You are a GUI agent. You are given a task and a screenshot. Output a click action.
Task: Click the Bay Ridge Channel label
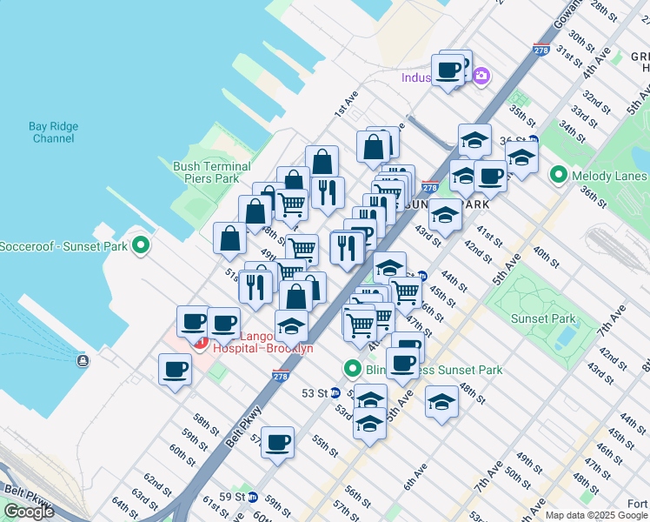coord(53,132)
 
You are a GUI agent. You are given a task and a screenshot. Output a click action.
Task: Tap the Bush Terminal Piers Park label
coord(212,172)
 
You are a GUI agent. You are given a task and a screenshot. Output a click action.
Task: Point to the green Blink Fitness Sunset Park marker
coord(353,370)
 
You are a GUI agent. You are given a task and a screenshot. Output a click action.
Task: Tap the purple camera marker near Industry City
coord(481,77)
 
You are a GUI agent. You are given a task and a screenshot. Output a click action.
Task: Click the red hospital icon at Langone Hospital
coord(200,343)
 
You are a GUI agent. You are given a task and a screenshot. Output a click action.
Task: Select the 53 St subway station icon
coord(335,393)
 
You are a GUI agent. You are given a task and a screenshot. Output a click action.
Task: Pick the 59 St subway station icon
coord(253,498)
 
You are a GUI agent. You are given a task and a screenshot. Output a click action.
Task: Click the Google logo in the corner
coord(30,512)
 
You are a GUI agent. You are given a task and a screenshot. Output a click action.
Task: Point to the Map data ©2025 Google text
coord(596,515)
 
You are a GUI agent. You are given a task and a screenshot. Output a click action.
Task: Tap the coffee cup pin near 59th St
coord(278,444)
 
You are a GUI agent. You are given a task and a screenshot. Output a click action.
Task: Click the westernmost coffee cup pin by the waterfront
coord(175,369)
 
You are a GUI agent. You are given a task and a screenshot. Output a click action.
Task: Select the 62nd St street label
coord(156,481)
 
